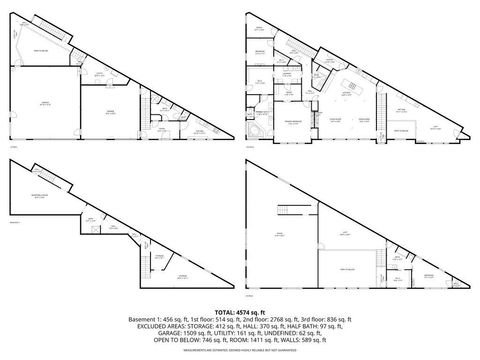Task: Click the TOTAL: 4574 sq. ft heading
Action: click(240, 312)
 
